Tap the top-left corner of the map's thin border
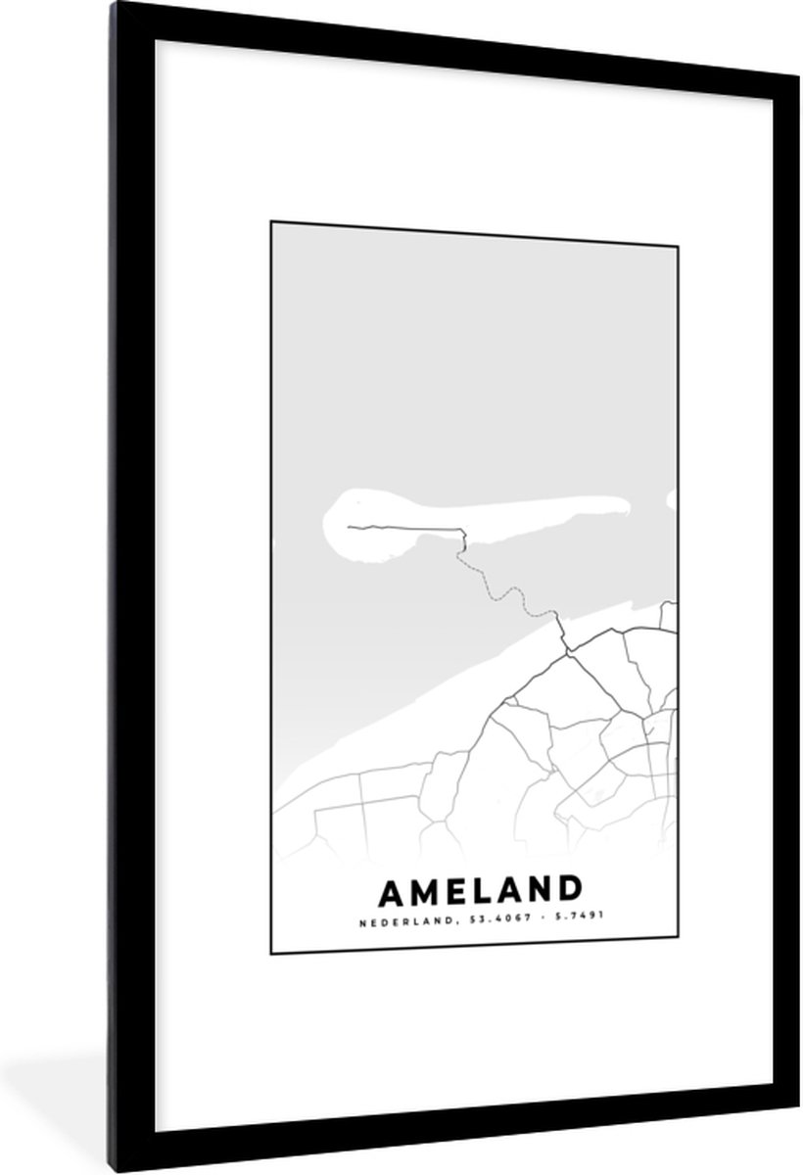270,222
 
